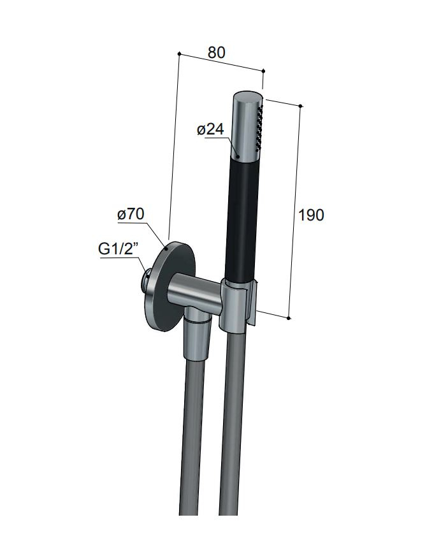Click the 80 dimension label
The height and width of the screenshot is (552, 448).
[x=216, y=52]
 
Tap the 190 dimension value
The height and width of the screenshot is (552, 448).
[x=311, y=215]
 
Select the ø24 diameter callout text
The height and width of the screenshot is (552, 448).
[x=210, y=129]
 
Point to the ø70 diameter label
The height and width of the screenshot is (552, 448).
[x=131, y=214]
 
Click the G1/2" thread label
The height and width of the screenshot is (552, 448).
[x=117, y=249]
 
